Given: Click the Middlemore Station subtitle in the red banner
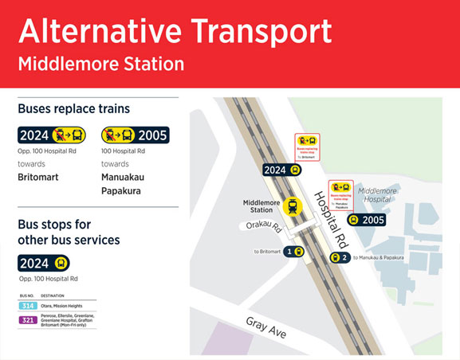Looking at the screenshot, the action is click(100, 63).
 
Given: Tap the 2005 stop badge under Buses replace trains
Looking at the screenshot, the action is click(134, 135).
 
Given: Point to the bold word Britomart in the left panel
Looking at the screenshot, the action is click(38, 177).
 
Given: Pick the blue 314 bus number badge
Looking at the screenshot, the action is click(28, 305).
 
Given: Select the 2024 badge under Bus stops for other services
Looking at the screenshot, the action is click(44, 263).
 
